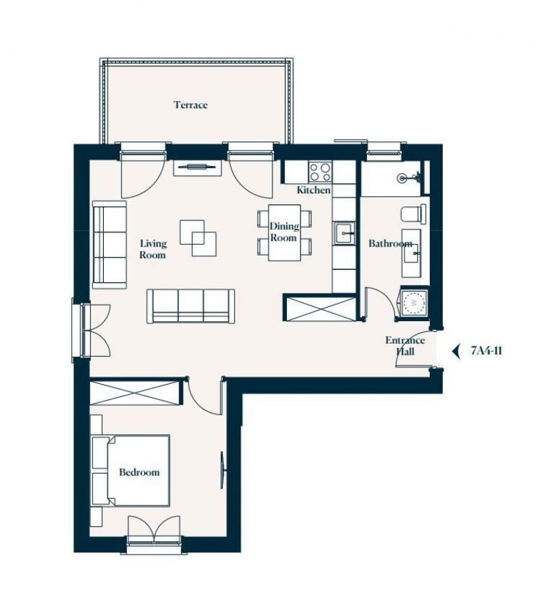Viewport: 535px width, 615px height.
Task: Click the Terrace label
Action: click(191, 105)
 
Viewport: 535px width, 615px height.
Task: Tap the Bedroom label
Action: click(139, 471)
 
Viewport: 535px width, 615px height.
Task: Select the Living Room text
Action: click(152, 249)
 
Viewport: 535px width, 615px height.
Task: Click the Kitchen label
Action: click(314, 190)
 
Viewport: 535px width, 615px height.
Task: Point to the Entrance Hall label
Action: click(405, 346)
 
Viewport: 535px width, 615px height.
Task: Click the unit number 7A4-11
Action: click(486, 351)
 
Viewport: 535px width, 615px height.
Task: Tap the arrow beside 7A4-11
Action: click(456, 351)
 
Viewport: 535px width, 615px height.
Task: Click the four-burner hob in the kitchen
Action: click(320, 172)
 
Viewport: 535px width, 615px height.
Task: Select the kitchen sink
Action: click(344, 234)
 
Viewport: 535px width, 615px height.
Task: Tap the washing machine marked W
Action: click(414, 303)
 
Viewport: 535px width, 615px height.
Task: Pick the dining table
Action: click(284, 232)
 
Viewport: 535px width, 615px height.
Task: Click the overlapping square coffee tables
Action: click(198, 238)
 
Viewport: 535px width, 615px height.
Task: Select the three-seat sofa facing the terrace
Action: click(191, 306)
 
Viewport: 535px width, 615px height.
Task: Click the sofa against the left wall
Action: click(109, 245)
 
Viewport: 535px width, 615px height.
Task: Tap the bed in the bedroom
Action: click(131, 470)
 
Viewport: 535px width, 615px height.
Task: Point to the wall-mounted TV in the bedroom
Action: click(223, 470)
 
